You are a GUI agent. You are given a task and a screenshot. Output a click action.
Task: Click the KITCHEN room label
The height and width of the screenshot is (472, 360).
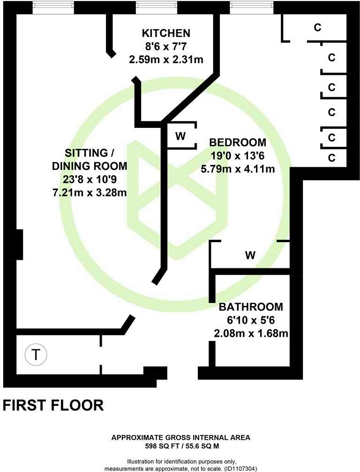coord(166,33)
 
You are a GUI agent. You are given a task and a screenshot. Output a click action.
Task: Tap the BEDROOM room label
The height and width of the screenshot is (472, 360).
coord(237,142)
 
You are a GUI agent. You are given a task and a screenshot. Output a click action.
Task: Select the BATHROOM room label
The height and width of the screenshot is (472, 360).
coord(251,307)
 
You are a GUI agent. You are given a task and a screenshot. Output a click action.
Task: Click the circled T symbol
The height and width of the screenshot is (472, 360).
coord(36,354)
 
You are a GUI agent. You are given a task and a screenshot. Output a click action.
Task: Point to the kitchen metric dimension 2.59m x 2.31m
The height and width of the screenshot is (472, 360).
coord(166,59)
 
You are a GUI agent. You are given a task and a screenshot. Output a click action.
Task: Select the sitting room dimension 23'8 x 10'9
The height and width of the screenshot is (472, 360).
coord(89,179)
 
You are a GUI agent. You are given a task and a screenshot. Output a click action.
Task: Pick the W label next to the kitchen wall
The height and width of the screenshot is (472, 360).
coord(180,136)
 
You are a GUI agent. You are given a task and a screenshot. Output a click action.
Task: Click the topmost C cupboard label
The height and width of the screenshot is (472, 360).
coord(317,28)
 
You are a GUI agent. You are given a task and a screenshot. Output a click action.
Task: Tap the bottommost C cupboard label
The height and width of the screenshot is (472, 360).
coord(331,157)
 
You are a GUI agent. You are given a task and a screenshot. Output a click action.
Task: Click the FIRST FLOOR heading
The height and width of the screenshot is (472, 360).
coord(53,405)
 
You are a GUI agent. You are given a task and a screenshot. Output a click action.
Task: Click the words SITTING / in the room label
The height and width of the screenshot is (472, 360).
coord(89,153)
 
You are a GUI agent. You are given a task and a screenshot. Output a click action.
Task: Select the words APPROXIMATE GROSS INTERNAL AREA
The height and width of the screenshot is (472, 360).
coord(180,438)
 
